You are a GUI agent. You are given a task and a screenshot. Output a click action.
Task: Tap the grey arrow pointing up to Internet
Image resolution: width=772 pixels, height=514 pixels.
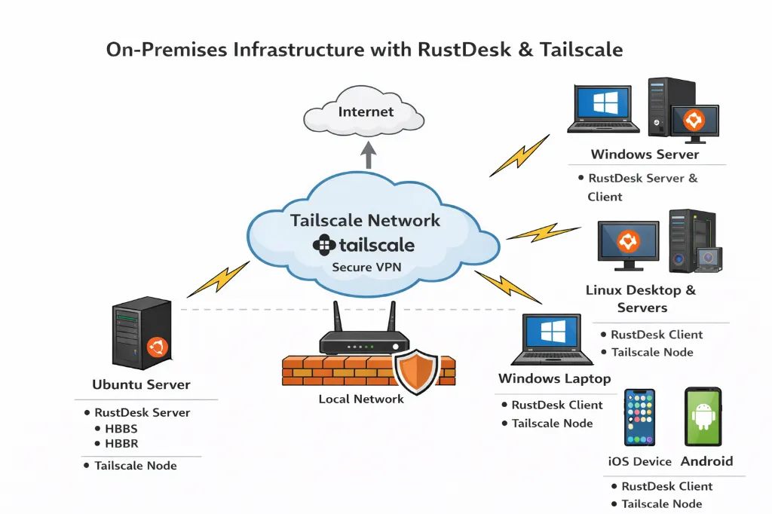[x=369, y=155]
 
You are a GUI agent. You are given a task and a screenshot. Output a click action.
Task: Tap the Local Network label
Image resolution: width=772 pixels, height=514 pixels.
[x=361, y=399]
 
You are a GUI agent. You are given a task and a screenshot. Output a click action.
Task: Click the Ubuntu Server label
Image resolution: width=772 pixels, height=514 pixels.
[x=141, y=384]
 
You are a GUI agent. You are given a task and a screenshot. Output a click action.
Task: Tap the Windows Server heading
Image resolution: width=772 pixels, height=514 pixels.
[x=645, y=155]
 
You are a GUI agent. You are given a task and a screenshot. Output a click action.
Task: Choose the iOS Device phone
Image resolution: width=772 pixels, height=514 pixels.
[x=639, y=418]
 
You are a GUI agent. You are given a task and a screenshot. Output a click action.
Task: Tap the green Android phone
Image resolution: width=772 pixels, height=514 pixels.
[x=703, y=417]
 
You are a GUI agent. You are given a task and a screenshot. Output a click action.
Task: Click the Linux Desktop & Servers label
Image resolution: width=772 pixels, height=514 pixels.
[x=641, y=298]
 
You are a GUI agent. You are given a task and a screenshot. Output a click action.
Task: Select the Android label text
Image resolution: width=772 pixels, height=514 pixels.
[x=706, y=461]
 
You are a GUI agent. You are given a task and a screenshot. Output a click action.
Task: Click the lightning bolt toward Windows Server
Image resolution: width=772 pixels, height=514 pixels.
[x=519, y=156]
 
